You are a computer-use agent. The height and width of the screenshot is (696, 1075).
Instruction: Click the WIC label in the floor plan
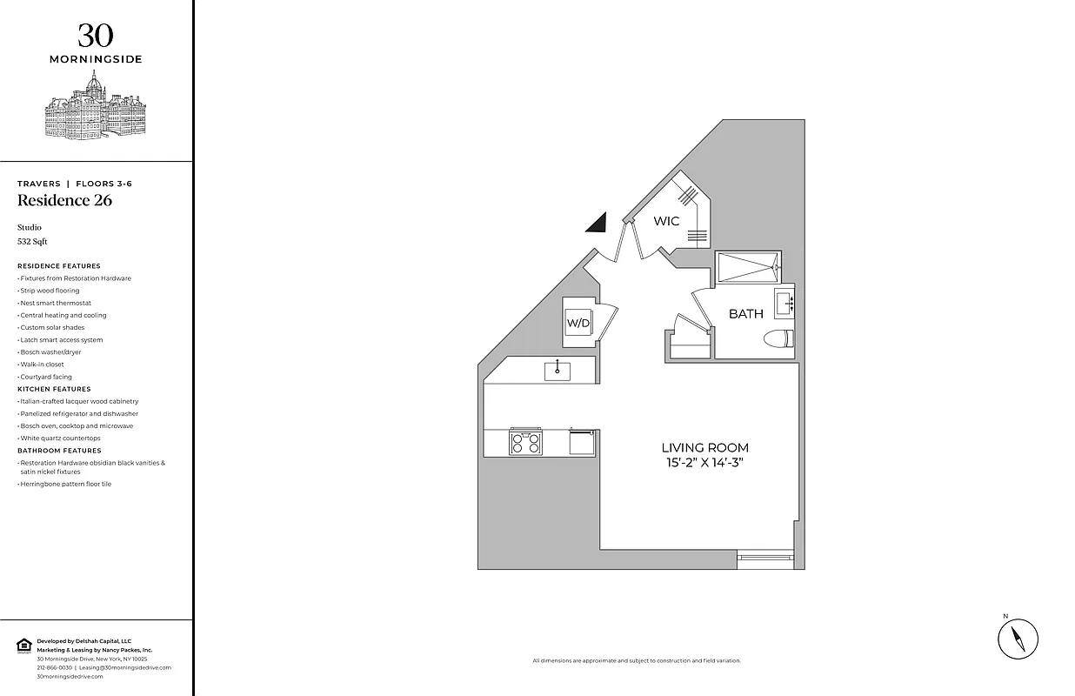(x=666, y=221)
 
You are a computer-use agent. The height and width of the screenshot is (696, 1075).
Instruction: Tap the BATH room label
(x=745, y=313)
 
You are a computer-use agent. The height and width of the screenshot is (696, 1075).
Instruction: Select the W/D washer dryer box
(x=578, y=323)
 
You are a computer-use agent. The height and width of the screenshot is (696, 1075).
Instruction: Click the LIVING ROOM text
(x=704, y=447)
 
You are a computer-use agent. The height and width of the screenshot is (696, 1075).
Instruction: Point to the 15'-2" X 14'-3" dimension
(x=704, y=462)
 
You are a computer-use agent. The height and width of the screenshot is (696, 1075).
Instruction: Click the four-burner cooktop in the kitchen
(x=525, y=443)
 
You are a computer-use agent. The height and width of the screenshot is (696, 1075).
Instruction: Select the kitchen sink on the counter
(x=558, y=371)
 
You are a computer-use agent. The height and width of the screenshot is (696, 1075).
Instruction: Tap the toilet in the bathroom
(x=778, y=338)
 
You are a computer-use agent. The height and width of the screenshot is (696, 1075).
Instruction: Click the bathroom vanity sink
(x=783, y=304)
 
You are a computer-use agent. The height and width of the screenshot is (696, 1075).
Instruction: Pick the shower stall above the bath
(x=747, y=267)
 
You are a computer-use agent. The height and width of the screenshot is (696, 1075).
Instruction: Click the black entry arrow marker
(x=597, y=224)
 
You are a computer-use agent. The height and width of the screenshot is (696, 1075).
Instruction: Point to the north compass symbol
(x=1018, y=639)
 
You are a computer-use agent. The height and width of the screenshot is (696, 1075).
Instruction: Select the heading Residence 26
(x=64, y=201)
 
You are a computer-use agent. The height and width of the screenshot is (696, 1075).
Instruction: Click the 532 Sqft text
(x=32, y=241)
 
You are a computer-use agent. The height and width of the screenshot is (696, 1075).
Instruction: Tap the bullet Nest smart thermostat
(x=55, y=303)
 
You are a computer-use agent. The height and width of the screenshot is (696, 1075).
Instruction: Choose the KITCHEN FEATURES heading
(x=54, y=389)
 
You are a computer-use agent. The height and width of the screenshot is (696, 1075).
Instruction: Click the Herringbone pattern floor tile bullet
(x=65, y=484)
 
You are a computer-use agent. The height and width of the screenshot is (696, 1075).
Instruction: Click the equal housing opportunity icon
(x=24, y=645)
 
